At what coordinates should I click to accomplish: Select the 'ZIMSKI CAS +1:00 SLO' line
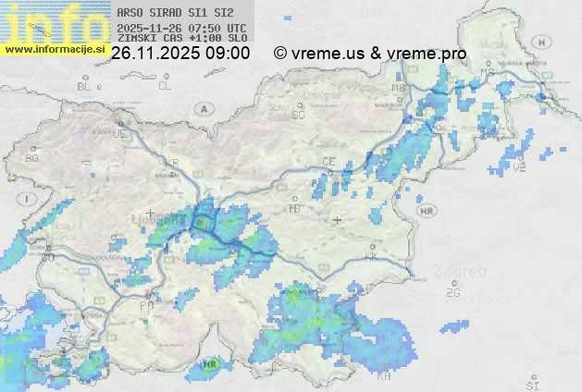point(181,39)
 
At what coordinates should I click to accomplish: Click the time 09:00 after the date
point(227,54)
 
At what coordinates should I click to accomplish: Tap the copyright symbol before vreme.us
point(280,54)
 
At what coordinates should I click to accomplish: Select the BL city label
point(85,86)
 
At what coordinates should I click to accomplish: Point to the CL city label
point(165,86)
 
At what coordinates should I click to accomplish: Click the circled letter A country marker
point(203,108)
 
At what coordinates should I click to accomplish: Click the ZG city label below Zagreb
point(452,293)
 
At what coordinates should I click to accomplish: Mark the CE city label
point(328,161)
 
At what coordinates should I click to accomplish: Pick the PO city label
point(146,304)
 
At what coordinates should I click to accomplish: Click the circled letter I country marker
point(30,199)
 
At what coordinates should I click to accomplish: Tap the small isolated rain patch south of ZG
point(454,326)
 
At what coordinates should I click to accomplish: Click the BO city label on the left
point(32,158)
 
